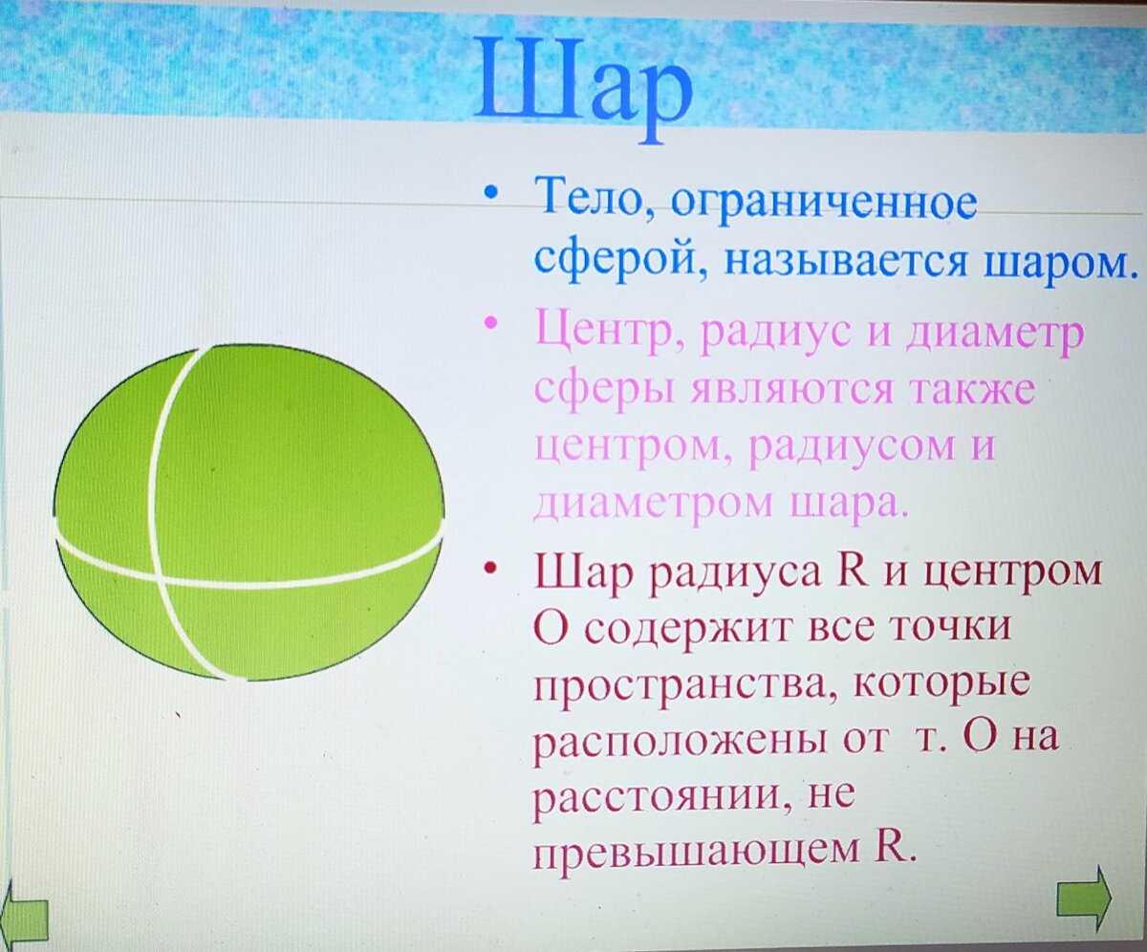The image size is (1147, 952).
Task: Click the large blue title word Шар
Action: click(583, 88)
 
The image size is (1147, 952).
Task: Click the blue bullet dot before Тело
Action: click(490, 192)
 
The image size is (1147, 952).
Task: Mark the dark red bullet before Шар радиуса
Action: click(490, 569)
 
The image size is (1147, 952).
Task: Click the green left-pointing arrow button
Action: click(24, 913)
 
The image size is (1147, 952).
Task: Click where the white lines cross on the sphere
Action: click(159, 578)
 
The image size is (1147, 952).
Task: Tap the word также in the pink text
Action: click(972, 391)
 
